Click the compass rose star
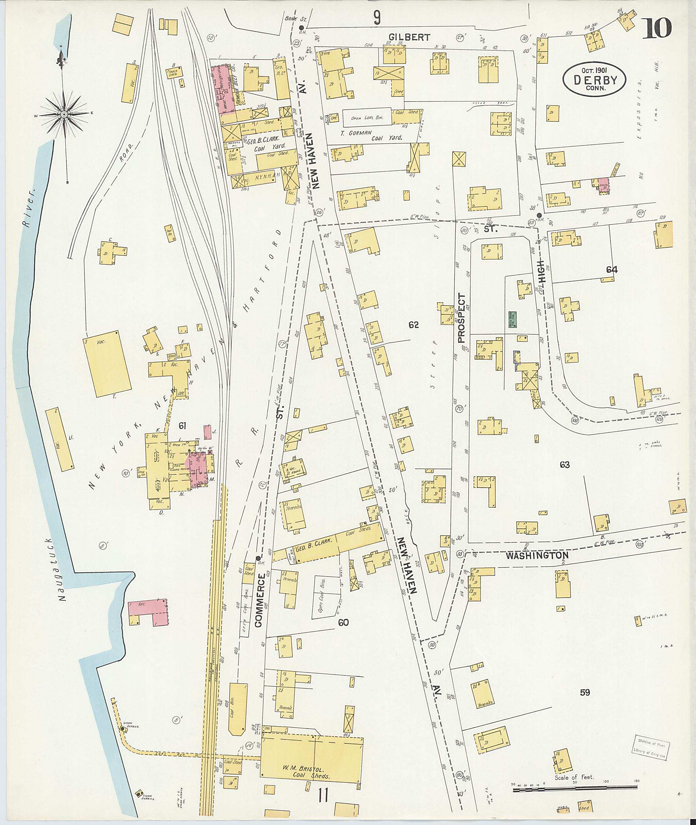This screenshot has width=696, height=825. click(64, 114)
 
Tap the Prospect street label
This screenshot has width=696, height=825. click(462, 318)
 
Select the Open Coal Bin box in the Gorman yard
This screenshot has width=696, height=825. click(367, 117)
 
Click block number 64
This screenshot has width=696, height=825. click(612, 270)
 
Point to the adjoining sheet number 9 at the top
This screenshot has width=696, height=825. click(377, 17)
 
